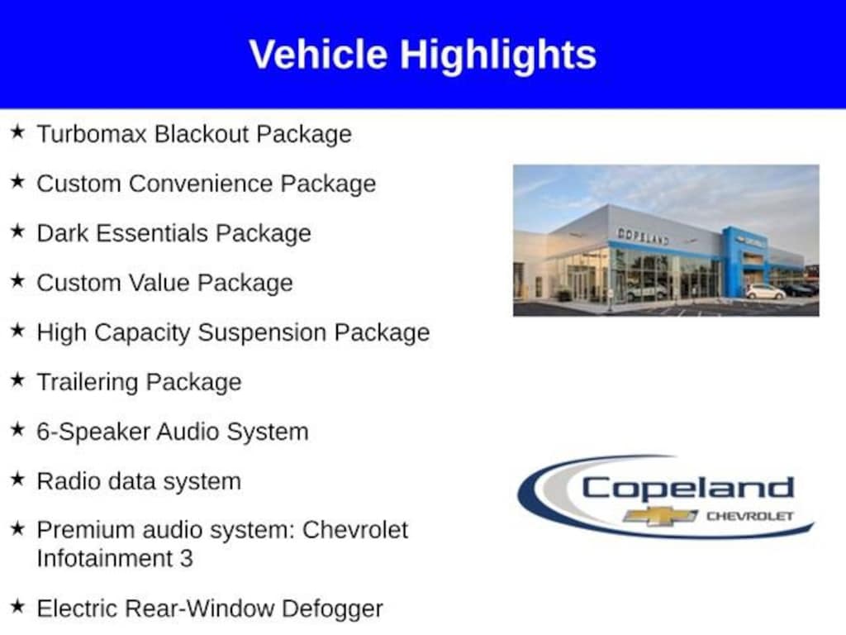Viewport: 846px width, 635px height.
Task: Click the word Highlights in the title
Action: click(498, 55)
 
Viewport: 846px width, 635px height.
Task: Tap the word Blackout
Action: click(202, 134)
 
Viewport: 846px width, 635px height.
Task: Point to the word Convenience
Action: click(200, 184)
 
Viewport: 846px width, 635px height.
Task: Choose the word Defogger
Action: click(332, 609)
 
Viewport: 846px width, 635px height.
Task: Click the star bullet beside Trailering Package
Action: click(18, 380)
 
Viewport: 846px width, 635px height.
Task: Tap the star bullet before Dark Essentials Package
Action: click(18, 231)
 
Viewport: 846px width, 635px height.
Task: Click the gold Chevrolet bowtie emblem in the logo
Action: click(660, 516)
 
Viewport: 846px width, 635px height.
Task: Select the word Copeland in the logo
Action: click(688, 489)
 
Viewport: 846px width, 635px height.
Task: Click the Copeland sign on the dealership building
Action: click(643, 236)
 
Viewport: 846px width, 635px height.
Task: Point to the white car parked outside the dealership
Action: click(765, 292)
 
